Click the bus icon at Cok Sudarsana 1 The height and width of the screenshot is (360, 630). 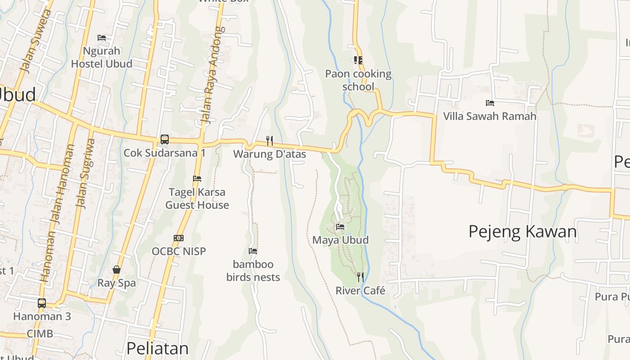point(165,139)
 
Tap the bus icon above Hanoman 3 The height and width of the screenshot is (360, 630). point(42,303)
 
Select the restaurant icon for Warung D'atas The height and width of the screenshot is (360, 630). point(270,141)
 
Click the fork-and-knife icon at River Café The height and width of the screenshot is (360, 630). point(360,277)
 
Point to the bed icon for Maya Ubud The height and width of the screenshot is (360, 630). point(340,227)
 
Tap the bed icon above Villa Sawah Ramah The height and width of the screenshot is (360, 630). point(490,103)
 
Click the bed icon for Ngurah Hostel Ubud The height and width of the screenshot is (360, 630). point(102,38)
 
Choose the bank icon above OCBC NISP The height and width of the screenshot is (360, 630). point(179,238)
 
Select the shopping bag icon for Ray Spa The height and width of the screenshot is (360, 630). point(117,270)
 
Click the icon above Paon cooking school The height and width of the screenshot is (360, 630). point(358,60)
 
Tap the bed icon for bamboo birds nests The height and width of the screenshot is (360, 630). point(253,251)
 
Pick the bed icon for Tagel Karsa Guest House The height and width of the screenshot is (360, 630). point(197,179)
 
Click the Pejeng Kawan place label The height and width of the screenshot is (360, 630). point(522,232)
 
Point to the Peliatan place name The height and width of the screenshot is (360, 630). point(157,348)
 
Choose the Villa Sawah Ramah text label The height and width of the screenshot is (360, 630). point(490,117)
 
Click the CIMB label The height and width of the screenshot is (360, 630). point(40,334)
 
